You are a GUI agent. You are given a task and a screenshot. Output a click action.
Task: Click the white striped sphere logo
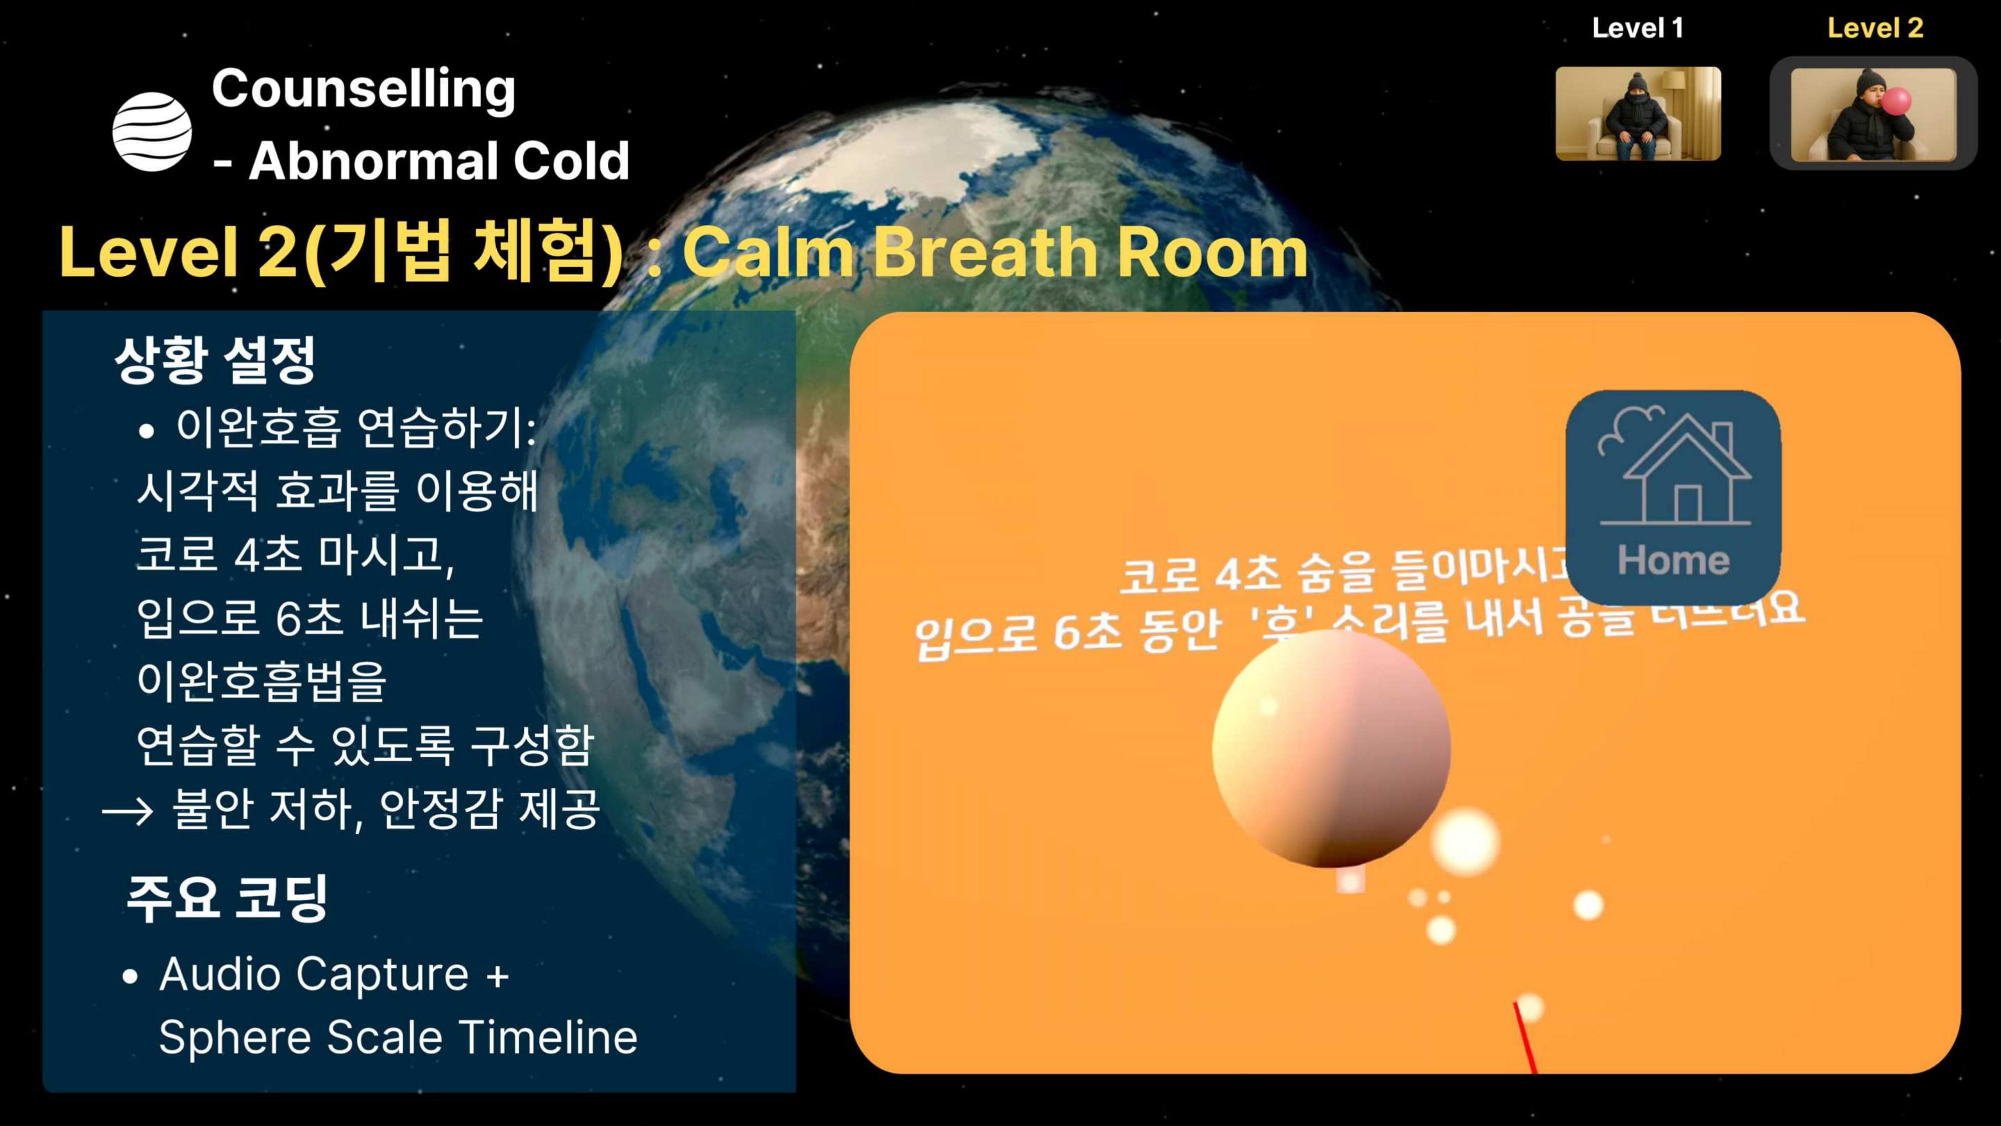pyautogui.click(x=152, y=131)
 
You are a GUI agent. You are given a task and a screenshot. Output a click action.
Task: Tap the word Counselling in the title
pyautogui.click(x=364, y=89)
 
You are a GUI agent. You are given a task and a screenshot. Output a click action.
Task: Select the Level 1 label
pyautogui.click(x=1637, y=28)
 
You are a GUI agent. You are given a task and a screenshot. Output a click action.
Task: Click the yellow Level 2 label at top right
pyautogui.click(x=1875, y=28)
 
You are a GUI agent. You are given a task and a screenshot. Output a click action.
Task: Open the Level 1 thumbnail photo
pyautogui.click(x=1637, y=114)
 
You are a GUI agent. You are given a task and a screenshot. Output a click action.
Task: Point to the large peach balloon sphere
pyautogui.click(x=1331, y=748)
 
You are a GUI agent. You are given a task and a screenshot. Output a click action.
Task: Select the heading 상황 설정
pyautogui.click(x=215, y=360)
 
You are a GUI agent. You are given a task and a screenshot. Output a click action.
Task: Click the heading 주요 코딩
pyautogui.click(x=227, y=897)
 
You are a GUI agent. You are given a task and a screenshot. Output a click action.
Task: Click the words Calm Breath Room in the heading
pyautogui.click(x=994, y=253)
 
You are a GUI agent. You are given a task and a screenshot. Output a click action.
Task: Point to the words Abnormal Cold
pyautogui.click(x=439, y=161)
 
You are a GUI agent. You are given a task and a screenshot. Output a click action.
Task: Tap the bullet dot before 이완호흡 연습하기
pyautogui.click(x=146, y=431)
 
